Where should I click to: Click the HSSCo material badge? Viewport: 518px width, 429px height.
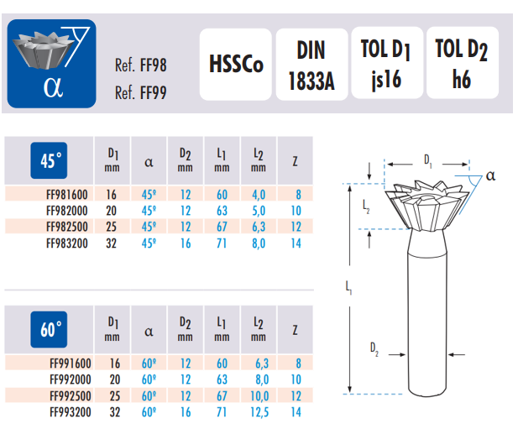point(236,64)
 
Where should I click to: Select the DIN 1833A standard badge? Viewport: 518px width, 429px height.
point(311,64)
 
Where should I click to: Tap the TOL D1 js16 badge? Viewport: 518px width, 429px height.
point(387,63)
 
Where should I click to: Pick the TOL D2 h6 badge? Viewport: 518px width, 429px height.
point(462,63)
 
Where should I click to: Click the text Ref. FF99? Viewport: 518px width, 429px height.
point(141,92)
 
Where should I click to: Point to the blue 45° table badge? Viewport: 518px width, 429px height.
point(49,160)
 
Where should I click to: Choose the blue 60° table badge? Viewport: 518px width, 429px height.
point(49,329)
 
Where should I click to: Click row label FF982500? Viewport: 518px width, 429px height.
point(67,227)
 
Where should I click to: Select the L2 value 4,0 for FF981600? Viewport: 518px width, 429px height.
point(259,195)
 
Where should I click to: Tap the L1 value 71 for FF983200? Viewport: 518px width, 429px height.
point(222,243)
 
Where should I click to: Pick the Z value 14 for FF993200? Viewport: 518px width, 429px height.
point(296,412)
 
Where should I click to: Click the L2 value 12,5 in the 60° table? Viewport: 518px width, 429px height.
point(259,412)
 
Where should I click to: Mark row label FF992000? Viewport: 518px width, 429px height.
point(71,379)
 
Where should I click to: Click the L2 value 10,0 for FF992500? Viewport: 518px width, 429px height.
point(259,396)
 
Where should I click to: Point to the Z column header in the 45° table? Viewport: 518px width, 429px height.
point(295,161)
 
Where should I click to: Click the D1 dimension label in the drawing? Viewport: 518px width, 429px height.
point(428,161)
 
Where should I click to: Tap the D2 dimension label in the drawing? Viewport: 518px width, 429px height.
point(374,349)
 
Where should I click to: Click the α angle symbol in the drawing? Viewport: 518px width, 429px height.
point(490,175)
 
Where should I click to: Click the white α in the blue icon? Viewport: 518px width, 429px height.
point(53,87)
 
